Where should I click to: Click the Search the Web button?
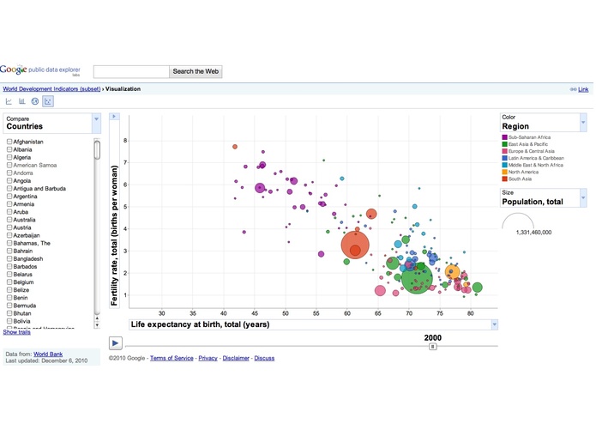196,71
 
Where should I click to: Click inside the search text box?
130,71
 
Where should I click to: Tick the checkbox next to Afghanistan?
9,141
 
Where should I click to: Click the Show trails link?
17,332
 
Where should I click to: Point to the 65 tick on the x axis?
378,312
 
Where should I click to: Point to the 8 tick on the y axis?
125,140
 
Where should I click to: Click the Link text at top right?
583,89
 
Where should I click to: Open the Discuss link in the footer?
264,357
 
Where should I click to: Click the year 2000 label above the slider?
433,337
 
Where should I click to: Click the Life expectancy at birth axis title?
200,324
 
